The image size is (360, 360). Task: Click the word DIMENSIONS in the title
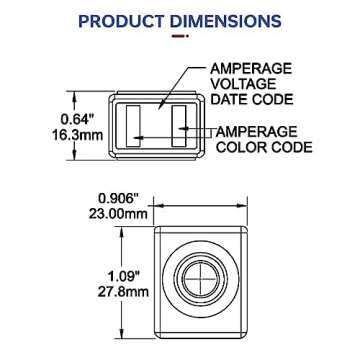click(225, 20)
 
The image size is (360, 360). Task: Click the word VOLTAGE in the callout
click(237, 84)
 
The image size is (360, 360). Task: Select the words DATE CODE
click(251, 99)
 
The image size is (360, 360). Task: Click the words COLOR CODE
click(263, 148)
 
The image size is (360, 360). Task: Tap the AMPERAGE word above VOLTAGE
click(251, 68)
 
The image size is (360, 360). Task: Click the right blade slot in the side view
click(180, 129)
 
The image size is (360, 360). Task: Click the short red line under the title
click(180, 36)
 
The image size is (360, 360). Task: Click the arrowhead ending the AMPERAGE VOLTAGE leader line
click(161, 106)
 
